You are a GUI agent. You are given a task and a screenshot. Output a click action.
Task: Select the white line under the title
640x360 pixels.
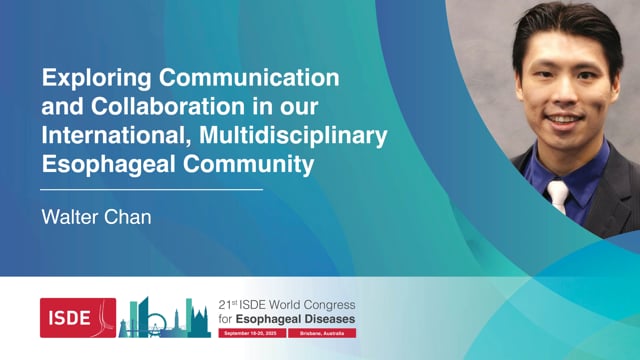151,188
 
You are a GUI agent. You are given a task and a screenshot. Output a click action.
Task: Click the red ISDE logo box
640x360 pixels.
78,316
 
